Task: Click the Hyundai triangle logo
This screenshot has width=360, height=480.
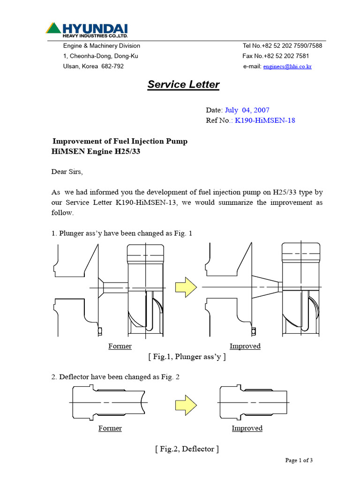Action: (x=53, y=28)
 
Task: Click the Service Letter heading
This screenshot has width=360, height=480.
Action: (x=183, y=84)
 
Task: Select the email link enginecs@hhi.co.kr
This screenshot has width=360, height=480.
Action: (x=287, y=67)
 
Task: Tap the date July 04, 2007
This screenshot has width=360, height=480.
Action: (x=247, y=110)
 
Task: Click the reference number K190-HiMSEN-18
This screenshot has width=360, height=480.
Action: (x=265, y=120)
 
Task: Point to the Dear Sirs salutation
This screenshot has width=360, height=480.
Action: (x=67, y=172)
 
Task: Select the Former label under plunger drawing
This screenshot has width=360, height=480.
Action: (x=120, y=346)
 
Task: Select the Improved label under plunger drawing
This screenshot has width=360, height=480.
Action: (x=245, y=346)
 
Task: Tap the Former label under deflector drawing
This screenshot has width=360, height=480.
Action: (x=110, y=428)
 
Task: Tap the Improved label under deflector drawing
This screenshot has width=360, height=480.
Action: (x=247, y=428)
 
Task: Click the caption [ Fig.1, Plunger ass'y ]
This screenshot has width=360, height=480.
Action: (x=187, y=357)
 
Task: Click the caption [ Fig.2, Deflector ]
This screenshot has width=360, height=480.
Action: (x=187, y=449)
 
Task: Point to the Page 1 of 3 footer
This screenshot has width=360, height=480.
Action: (x=299, y=460)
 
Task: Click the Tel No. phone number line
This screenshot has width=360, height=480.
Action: (x=282, y=46)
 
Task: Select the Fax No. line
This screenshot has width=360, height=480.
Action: (x=276, y=56)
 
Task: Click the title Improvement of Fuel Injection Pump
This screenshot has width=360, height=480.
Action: (x=120, y=142)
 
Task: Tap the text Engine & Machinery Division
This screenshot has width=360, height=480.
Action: (x=102, y=46)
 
